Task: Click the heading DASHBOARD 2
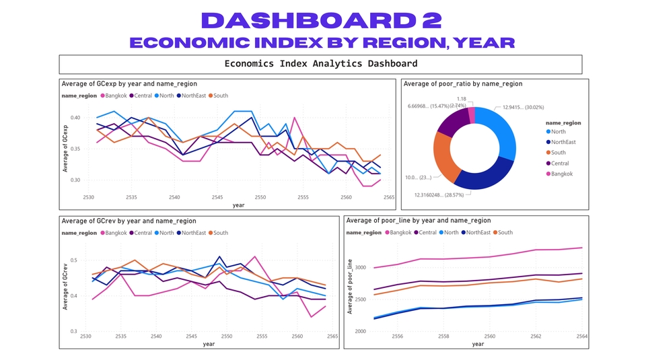pyautogui.click(x=322, y=20)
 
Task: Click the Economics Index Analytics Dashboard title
pyautogui.click(x=320, y=64)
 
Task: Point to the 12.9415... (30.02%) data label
pyautogui.click(x=523, y=107)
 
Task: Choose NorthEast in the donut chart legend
pyautogui.click(x=563, y=142)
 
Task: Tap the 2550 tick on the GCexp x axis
pyautogui.click(x=260, y=198)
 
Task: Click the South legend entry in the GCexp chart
pyautogui.click(x=219, y=96)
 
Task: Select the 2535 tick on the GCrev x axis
pyautogui.click(x=121, y=336)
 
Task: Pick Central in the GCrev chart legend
pyautogui.click(x=143, y=233)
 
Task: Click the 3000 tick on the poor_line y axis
pyautogui.click(x=360, y=268)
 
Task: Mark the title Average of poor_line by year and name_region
pyautogui.click(x=419, y=221)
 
